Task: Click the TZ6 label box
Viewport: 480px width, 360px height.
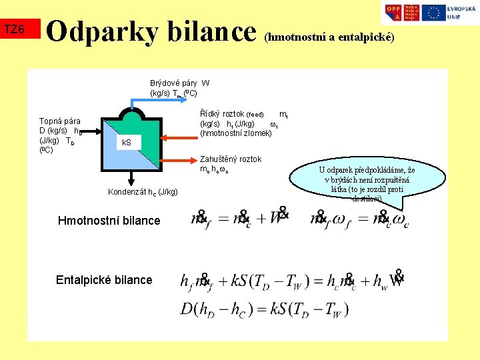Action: click(15, 29)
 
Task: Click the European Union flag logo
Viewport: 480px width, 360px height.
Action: click(434, 12)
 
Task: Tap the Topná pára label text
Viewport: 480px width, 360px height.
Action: click(60, 121)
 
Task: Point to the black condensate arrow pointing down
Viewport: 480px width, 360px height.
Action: click(131, 177)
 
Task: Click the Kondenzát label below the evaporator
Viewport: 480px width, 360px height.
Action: click(143, 193)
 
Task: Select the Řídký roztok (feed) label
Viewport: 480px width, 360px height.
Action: click(233, 115)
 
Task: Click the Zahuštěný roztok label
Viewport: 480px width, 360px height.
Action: click(231, 159)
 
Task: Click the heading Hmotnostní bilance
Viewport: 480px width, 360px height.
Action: click(109, 221)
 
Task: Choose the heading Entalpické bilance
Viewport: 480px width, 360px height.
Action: click(104, 280)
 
